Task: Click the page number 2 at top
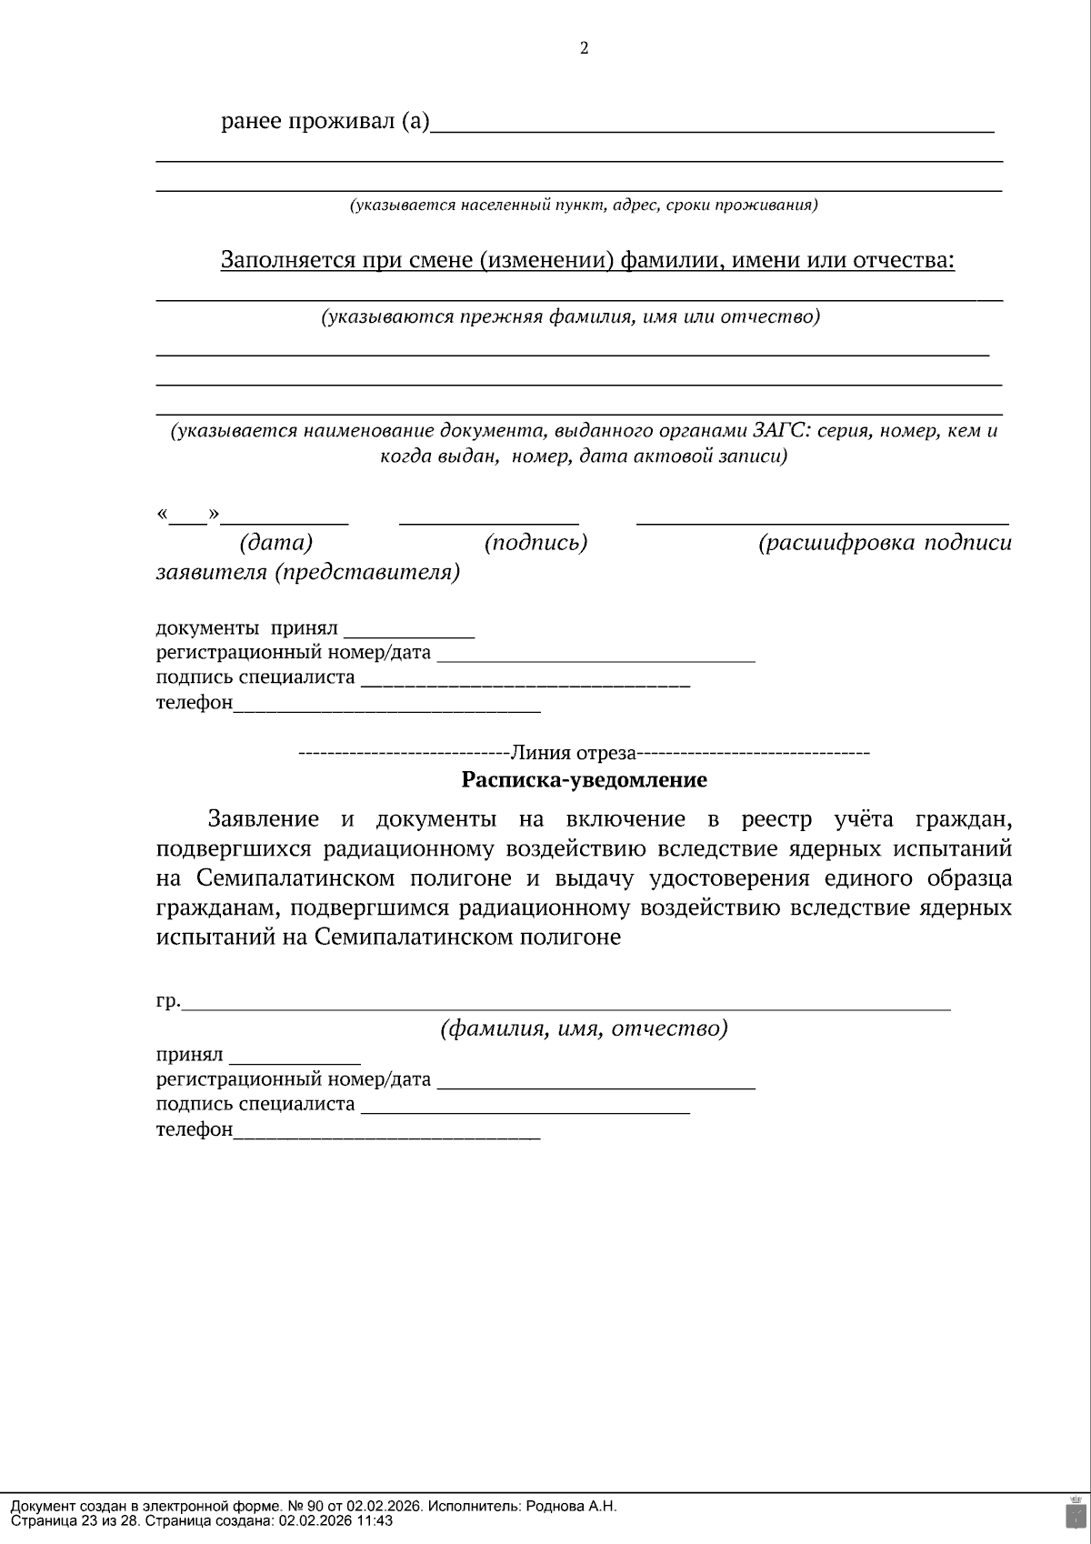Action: pos(584,49)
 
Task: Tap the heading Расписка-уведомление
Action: pos(584,780)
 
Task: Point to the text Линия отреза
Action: pos(573,753)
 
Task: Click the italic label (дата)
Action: pos(275,544)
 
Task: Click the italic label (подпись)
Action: pos(535,544)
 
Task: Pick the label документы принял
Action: pos(246,628)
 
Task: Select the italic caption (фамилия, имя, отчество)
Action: pos(584,1029)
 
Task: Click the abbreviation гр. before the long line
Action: pos(168,1002)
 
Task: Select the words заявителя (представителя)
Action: pos(307,573)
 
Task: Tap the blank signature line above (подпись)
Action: pos(489,523)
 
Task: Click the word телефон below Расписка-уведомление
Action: pos(194,1130)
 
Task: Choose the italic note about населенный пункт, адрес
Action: pos(584,206)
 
